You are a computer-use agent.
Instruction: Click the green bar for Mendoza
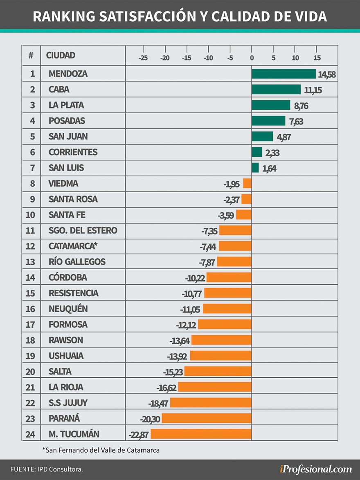(283, 74)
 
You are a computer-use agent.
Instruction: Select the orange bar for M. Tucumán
(201, 434)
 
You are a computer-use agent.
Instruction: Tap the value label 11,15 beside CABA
(313, 90)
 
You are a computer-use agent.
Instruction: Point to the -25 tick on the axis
(143, 58)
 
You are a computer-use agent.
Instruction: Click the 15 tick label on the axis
(317, 58)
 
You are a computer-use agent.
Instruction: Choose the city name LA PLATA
(66, 105)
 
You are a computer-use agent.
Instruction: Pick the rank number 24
(31, 434)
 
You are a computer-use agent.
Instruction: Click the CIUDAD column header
(61, 55)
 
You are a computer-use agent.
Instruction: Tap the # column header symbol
(31, 55)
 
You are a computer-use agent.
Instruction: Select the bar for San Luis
(255, 168)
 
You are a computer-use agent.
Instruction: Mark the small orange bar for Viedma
(247, 183)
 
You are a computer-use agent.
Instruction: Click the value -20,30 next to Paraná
(150, 419)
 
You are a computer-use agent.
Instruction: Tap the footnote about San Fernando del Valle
(101, 450)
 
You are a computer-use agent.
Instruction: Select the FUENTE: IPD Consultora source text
(47, 469)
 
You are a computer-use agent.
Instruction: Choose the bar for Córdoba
(229, 277)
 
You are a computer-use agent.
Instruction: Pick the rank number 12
(31, 246)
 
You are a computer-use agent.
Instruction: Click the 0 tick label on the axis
(252, 58)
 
